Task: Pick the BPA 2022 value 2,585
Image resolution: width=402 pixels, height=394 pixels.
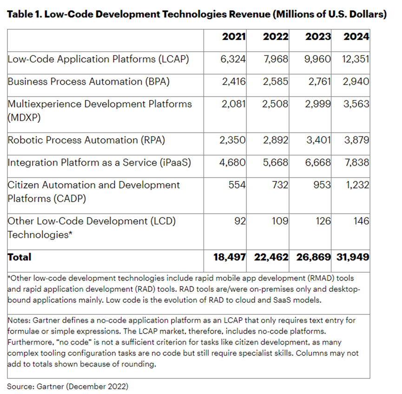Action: [275, 81]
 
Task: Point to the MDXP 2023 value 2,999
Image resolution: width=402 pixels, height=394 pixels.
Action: [318, 104]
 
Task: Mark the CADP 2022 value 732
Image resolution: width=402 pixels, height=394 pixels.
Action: [280, 185]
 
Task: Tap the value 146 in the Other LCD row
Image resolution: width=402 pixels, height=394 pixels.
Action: [361, 221]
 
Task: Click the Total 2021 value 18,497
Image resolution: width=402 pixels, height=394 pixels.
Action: [226, 257]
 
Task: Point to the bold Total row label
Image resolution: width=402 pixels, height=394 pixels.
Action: [20, 257]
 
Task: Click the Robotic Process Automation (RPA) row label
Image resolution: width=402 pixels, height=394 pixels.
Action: [86, 140]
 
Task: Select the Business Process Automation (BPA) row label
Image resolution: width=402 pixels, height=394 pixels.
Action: [88, 81]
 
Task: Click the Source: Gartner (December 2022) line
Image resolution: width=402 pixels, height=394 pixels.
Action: [67, 386]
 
